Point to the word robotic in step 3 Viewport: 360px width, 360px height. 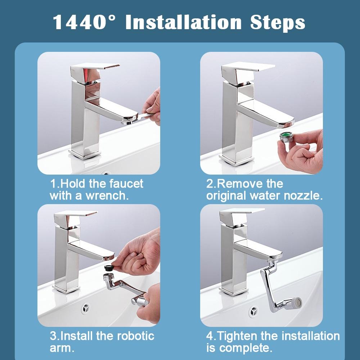(135, 336)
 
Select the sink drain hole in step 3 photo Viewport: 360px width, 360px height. (86, 308)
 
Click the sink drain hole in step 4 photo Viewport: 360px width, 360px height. (253, 310)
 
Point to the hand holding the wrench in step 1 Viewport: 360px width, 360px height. (153, 106)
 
